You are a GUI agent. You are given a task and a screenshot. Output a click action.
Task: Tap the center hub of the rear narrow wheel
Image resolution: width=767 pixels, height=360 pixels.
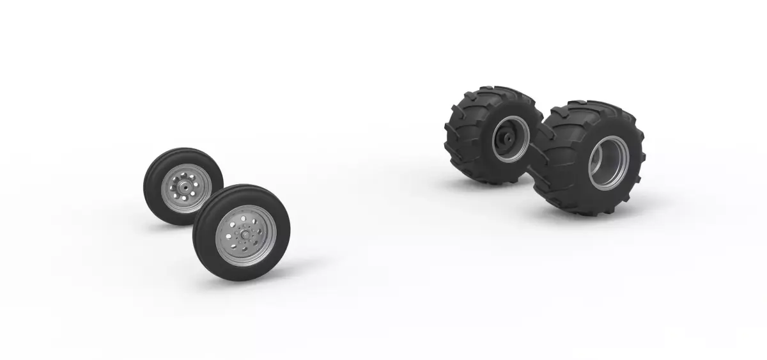pos(183,187)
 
